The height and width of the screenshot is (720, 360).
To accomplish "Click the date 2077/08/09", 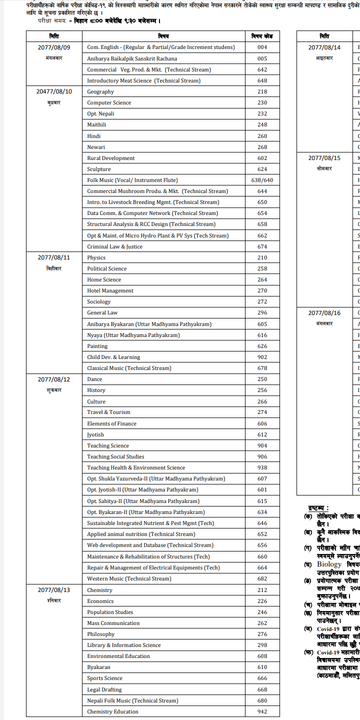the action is click(x=54, y=47).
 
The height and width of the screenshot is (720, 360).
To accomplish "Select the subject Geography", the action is click(x=100, y=92).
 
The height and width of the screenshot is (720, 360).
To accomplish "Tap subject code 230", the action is click(x=262, y=103).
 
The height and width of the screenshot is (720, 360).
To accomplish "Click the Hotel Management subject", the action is click(x=110, y=291).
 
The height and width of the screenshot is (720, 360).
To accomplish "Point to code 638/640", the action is click(x=262, y=180).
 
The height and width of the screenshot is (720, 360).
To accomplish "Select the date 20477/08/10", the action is click(x=54, y=92).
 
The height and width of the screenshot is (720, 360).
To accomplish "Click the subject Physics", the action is click(x=96, y=258).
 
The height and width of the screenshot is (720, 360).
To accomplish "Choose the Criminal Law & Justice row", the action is click(x=114, y=247).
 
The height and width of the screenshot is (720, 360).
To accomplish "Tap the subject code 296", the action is click(x=262, y=313).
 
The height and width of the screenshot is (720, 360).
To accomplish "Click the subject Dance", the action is click(x=94, y=379).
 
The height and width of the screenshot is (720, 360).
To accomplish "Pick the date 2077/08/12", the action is click(x=54, y=379).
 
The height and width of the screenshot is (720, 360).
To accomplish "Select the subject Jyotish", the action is click(x=95, y=435).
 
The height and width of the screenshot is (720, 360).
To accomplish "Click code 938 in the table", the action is click(x=262, y=468).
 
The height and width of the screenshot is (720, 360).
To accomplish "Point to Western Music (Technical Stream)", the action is click(x=129, y=579).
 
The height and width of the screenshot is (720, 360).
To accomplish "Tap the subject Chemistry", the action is click(x=99, y=590).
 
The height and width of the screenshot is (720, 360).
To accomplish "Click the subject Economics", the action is click(x=100, y=601).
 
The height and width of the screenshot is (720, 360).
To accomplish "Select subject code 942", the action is click(x=262, y=712).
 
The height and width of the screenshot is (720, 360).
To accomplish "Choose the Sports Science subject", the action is click(x=104, y=678).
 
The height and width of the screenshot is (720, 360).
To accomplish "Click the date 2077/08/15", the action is click(x=324, y=158).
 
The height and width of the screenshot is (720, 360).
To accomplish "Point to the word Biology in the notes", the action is click(x=329, y=564).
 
